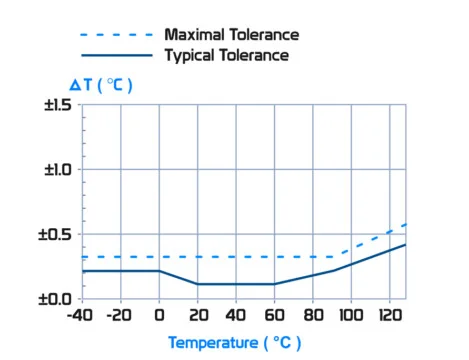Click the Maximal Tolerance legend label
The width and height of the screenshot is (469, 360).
click(x=232, y=35)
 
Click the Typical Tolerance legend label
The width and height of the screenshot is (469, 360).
click(x=227, y=56)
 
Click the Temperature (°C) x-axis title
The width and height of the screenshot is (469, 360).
click(x=234, y=343)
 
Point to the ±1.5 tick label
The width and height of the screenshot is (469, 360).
click(x=58, y=105)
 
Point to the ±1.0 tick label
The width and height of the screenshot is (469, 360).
click(x=58, y=169)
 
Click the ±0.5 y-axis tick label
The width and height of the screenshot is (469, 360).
click(x=58, y=234)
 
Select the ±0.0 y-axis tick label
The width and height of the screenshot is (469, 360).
click(x=58, y=298)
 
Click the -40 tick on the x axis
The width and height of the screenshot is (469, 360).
click(x=82, y=316)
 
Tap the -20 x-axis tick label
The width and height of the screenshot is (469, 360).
click(x=120, y=316)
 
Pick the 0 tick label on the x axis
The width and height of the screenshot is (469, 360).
click(x=159, y=316)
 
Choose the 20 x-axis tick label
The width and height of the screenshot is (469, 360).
click(x=197, y=316)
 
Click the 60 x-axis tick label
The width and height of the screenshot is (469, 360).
click(x=274, y=316)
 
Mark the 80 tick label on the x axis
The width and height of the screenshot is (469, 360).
click(x=312, y=316)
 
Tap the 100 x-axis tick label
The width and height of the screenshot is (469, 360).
click(x=351, y=316)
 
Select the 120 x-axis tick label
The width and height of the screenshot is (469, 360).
click(x=389, y=316)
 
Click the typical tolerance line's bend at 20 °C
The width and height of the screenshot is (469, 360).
click(x=197, y=284)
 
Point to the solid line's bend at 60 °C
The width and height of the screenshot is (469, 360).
click(x=274, y=284)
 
